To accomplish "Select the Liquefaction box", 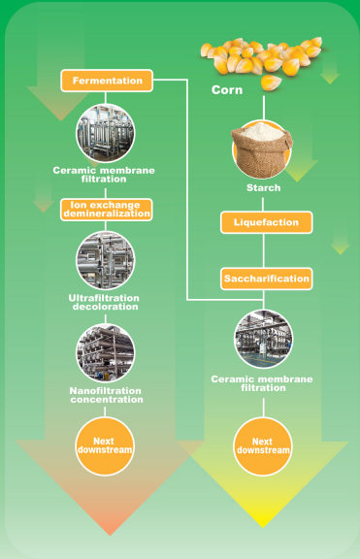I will [265, 222].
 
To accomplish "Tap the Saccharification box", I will [265, 279].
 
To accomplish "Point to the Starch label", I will [263, 187].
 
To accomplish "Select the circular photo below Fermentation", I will [106, 132].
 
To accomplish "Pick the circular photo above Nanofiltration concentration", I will [106, 352].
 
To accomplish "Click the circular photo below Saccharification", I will [263, 340].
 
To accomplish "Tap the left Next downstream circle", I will [106, 445].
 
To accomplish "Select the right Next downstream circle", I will [263, 445].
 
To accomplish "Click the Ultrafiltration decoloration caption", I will [106, 301].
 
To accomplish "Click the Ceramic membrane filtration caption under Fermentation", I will [106, 174].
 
